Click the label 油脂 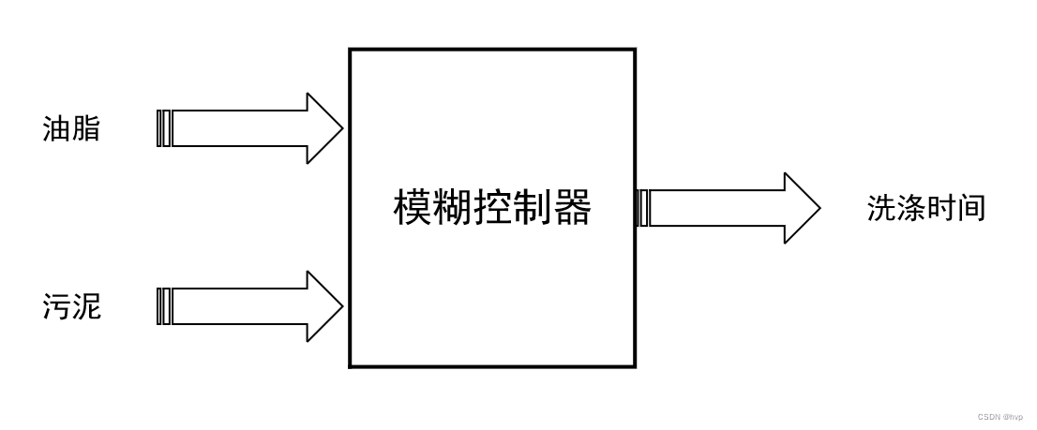(x=71, y=129)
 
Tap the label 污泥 (x=71, y=306)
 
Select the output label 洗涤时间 (x=925, y=208)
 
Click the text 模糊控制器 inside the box (x=492, y=208)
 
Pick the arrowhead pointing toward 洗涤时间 (x=802, y=208)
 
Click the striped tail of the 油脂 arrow (x=164, y=129)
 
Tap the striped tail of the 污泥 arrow (x=164, y=306)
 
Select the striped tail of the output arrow (x=643, y=208)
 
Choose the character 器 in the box (x=572, y=208)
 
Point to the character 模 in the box (x=413, y=208)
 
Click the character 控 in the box (x=492, y=208)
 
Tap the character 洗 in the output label (x=881, y=208)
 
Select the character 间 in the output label (x=971, y=208)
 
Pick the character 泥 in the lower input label (x=86, y=306)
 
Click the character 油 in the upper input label (x=56, y=129)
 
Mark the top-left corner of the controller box (x=351, y=50)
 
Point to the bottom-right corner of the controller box (x=635, y=366)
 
